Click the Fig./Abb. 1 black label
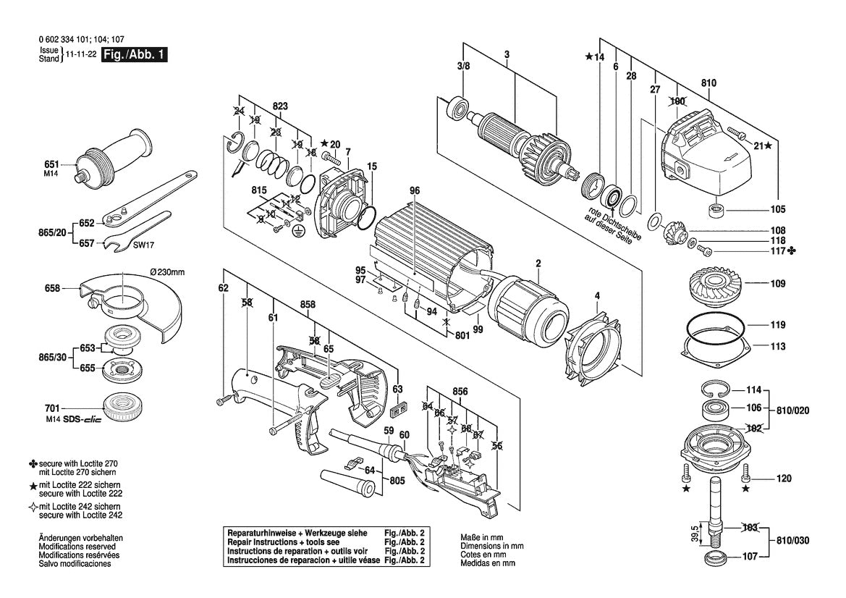(135, 55)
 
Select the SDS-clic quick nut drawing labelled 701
(119, 409)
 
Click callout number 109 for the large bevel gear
(777, 285)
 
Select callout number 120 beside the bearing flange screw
(784, 479)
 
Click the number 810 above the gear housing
(708, 84)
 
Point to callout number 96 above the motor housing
(414, 191)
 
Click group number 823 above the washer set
(280, 106)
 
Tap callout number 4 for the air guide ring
(596, 295)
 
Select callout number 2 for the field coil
(538, 263)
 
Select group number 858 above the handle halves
(308, 306)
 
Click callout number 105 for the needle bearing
(777, 211)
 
